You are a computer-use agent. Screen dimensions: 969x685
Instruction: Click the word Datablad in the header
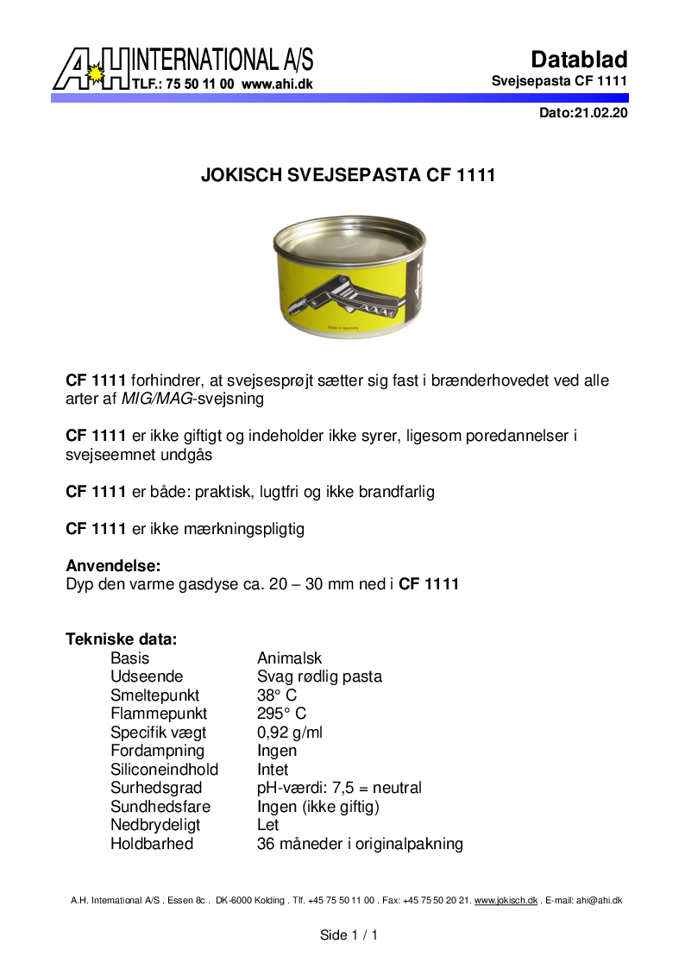point(579,60)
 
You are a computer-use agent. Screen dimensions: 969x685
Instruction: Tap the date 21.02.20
point(600,113)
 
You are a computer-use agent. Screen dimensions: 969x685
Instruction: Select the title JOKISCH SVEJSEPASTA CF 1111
point(348,175)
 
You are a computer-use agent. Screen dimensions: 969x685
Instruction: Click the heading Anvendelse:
point(113,566)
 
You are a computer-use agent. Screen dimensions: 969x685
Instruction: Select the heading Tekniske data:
point(122,639)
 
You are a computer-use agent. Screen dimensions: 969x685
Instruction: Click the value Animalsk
point(289,658)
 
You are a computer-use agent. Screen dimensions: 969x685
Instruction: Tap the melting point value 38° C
point(277,695)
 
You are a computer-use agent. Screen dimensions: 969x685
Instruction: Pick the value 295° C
point(281,714)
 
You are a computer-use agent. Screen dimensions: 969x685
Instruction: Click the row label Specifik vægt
point(158,733)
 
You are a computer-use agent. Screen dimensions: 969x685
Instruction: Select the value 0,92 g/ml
point(290,733)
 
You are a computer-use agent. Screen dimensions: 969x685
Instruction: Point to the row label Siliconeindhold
point(164,769)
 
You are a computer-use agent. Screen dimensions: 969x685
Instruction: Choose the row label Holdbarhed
point(152,844)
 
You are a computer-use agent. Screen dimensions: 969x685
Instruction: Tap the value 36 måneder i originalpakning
point(360,844)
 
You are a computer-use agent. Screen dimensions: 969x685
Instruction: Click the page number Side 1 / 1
point(349,935)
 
